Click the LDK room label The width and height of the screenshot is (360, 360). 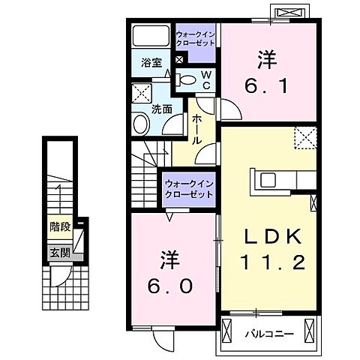272,237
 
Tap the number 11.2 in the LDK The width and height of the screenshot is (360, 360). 272,263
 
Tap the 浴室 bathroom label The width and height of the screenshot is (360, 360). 152,63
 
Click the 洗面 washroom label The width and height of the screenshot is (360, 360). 162,109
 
